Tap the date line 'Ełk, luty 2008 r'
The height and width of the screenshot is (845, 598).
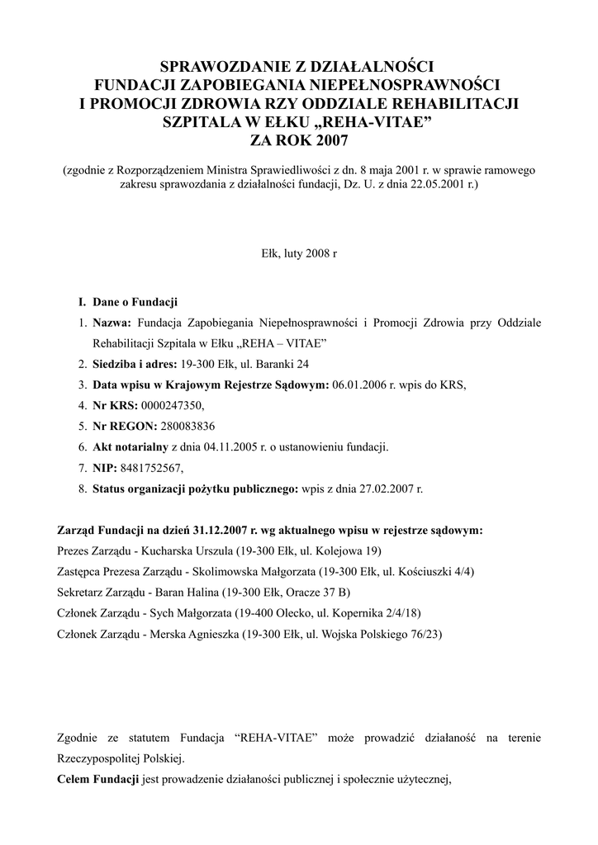pyautogui.click(x=299, y=255)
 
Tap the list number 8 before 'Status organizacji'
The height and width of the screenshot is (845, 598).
pyautogui.click(x=83, y=489)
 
